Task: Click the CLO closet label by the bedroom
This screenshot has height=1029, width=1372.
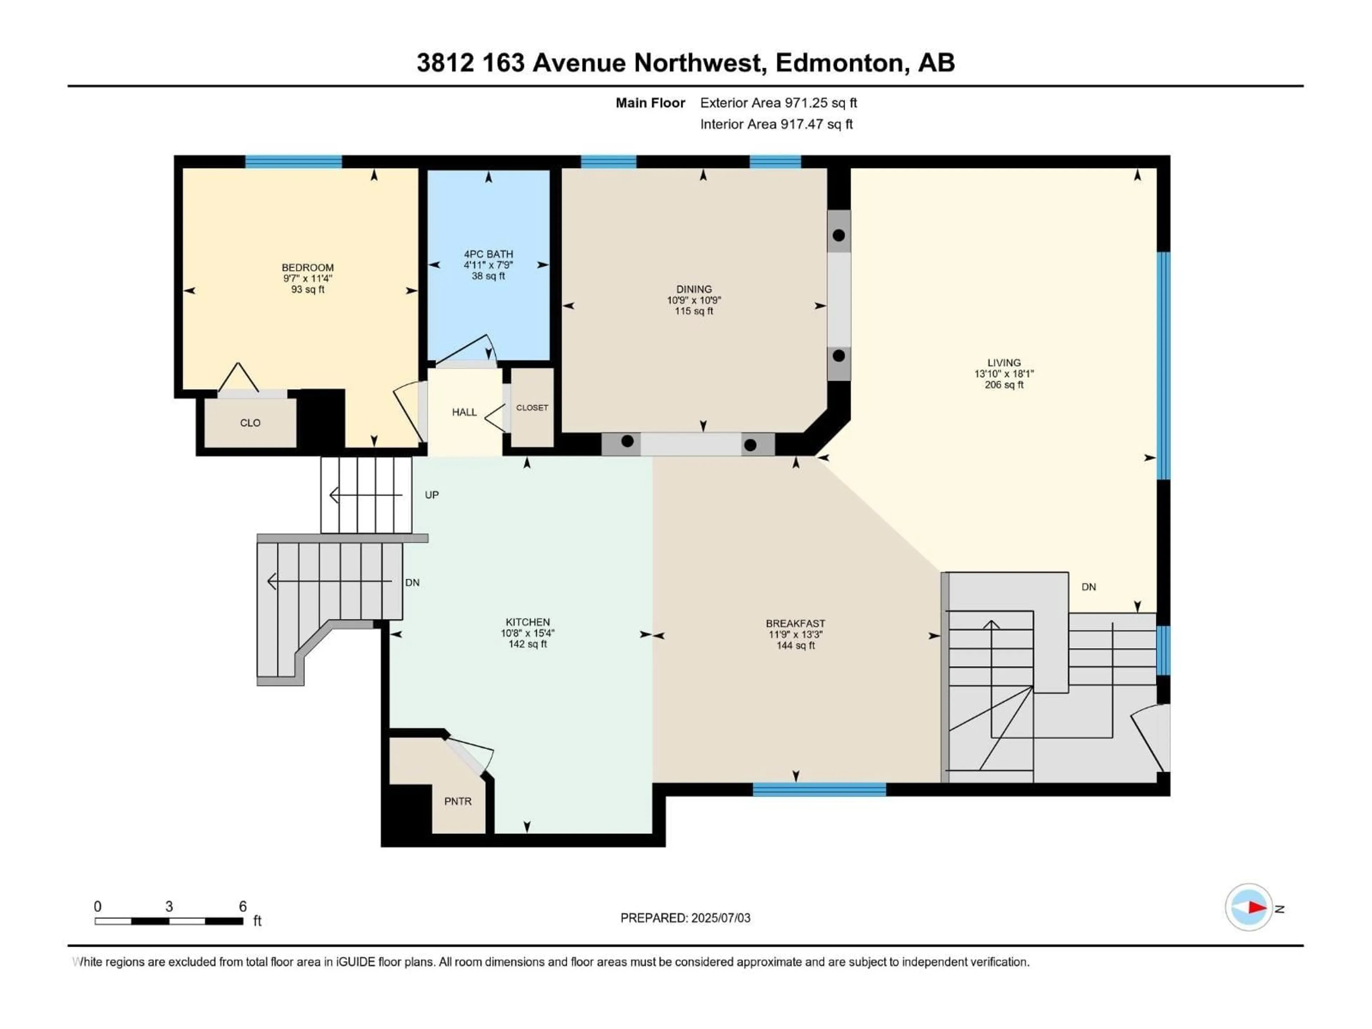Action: [250, 423]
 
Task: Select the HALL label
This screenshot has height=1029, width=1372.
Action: [464, 412]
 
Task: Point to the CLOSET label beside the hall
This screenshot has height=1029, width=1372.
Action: [532, 408]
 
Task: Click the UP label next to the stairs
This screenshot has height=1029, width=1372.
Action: [431, 495]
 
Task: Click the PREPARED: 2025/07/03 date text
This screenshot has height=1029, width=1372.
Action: [685, 918]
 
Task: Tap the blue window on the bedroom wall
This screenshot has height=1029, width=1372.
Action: [293, 162]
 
